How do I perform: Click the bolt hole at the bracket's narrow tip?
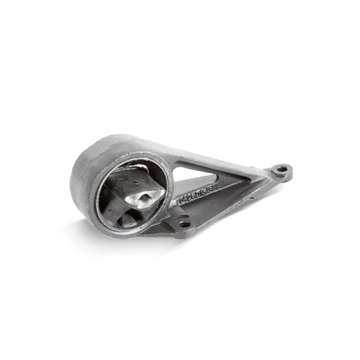pos(282,170)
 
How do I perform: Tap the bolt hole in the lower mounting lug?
pos(183,223)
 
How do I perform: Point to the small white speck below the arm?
pos(268,199)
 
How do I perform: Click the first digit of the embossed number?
pos(181,202)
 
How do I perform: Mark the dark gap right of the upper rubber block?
pos(155,178)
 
